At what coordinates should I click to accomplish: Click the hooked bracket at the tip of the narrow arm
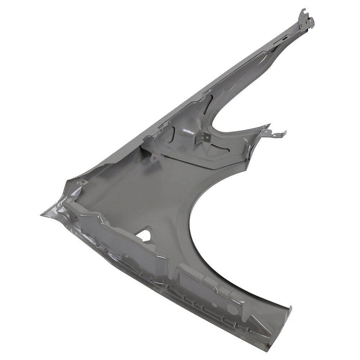point(305,18)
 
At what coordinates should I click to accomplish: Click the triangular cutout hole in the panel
point(145,235)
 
